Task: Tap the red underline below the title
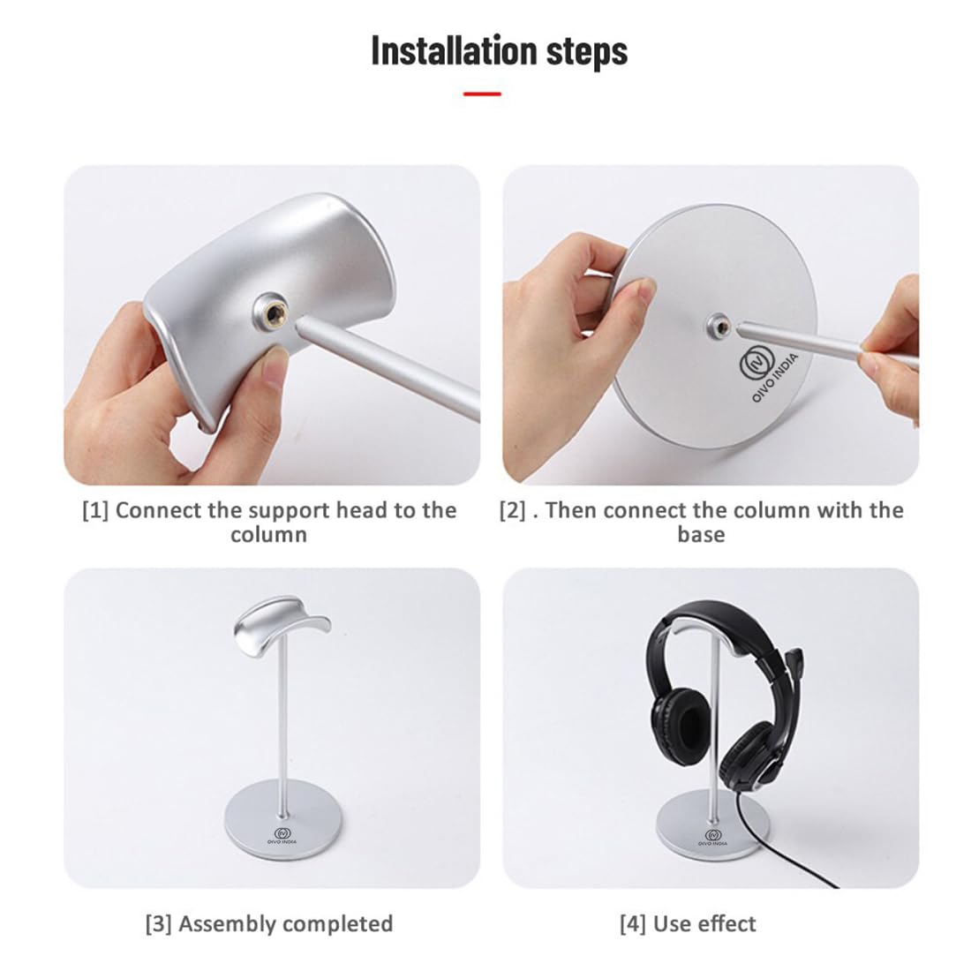pos(482,94)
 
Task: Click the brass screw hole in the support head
pos(267,312)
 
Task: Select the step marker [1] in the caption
pos(95,510)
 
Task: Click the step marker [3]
pos(158,924)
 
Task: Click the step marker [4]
pos(632,924)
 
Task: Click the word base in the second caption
pos(701,535)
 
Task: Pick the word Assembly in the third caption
pos(228,924)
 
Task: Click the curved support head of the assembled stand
pos(282,624)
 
